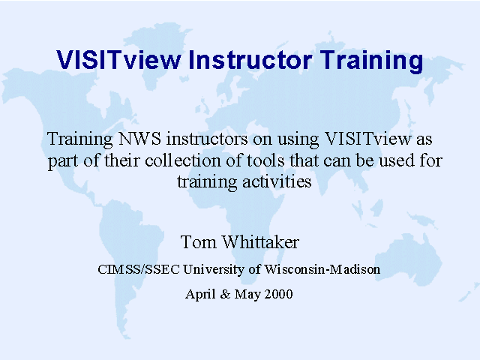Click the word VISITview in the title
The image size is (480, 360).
click(118, 60)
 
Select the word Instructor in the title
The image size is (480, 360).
click(250, 60)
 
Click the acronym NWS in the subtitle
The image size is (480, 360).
click(139, 139)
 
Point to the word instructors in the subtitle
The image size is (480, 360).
click(207, 139)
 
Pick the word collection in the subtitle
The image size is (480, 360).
click(183, 160)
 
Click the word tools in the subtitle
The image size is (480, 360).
click(265, 160)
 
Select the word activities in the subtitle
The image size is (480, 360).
click(277, 181)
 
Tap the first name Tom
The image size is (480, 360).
click(198, 242)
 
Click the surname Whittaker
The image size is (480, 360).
click(260, 242)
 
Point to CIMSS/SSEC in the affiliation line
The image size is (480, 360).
click(138, 269)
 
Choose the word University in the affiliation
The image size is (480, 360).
click(213, 270)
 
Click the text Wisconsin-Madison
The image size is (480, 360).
click(322, 269)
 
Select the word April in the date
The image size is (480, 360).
click(200, 294)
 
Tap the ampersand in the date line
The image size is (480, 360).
click(225, 294)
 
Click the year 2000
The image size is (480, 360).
click(278, 294)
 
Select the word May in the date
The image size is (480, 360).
click(247, 295)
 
